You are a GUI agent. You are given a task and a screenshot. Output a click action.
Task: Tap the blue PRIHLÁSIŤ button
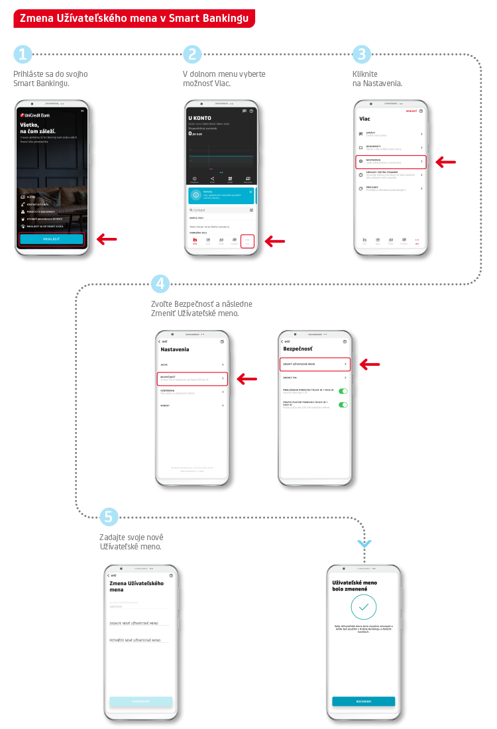pyautogui.click(x=52, y=239)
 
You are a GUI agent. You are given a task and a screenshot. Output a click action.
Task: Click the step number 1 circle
pyautogui.click(x=23, y=54)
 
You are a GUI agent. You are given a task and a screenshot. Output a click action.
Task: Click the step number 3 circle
pyautogui.click(x=361, y=54)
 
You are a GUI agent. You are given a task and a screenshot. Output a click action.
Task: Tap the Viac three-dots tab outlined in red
pyautogui.click(x=247, y=241)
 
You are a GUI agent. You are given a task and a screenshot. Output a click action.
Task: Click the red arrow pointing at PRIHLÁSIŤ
pyautogui.click(x=107, y=239)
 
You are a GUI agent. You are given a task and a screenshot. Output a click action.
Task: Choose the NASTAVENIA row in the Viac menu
pyautogui.click(x=390, y=162)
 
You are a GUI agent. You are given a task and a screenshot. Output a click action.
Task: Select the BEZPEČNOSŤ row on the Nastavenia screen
pyautogui.click(x=192, y=378)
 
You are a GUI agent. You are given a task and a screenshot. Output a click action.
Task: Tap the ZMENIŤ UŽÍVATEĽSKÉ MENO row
pyautogui.click(x=314, y=364)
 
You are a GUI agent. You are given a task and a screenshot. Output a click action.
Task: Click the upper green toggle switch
pyautogui.click(x=343, y=391)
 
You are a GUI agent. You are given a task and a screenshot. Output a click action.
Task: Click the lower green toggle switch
pyautogui.click(x=343, y=404)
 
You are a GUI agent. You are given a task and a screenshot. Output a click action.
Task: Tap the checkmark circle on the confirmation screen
pyautogui.click(x=363, y=606)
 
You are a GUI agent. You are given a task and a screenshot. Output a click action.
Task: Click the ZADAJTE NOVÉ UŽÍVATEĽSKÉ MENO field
pyautogui.click(x=139, y=623)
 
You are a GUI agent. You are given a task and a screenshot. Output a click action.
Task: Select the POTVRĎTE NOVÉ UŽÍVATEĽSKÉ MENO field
pyautogui.click(x=139, y=640)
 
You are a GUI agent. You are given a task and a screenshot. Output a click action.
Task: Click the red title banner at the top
pyautogui.click(x=133, y=19)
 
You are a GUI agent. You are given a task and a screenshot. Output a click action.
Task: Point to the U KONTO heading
pyautogui.click(x=200, y=117)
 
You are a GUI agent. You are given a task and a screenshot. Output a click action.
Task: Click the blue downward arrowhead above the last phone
pyautogui.click(x=364, y=544)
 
